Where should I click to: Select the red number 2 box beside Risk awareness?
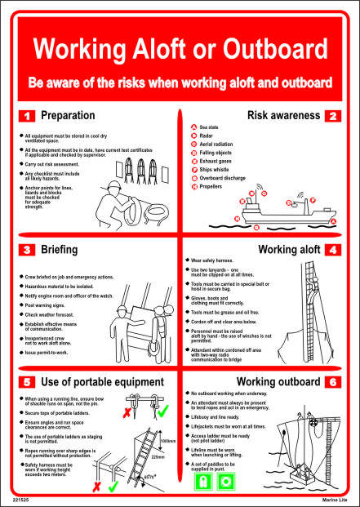click(333, 116)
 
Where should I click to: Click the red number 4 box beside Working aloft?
click(333, 249)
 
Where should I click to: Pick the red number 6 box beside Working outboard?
click(333, 382)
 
